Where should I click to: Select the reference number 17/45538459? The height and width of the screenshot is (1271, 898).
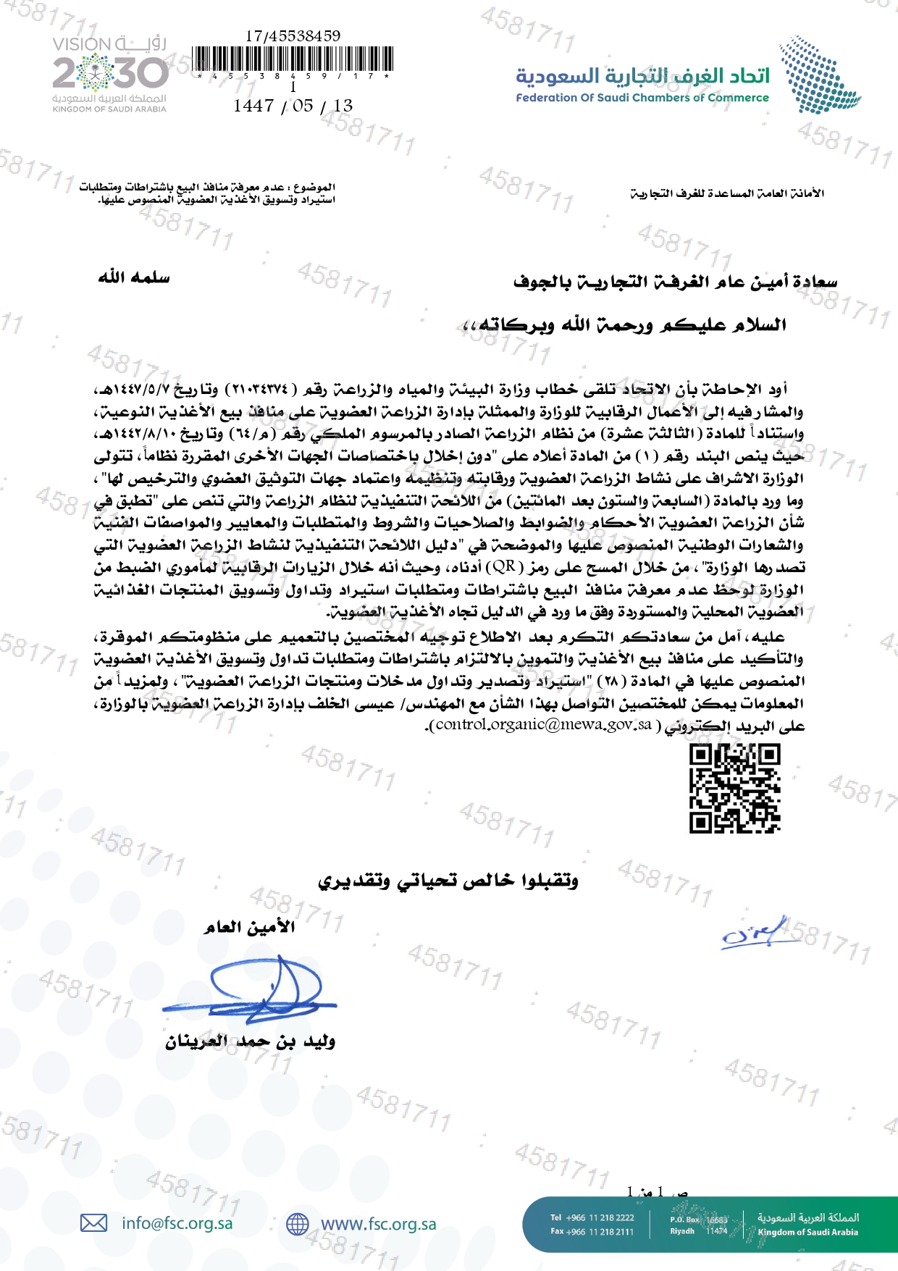pos(293,35)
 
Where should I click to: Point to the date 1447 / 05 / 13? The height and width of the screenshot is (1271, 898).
pos(293,106)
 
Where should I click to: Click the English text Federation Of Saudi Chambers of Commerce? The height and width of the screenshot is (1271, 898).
pos(642,98)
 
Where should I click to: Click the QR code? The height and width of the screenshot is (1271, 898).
pos(734,789)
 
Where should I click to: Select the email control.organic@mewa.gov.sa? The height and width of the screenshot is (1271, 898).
pos(544,724)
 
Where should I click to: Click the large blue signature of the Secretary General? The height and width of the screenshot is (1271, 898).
pos(253,989)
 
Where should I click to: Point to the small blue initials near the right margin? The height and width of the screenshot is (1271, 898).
pos(753,934)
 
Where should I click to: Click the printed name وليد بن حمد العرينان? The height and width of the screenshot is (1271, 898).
pos(250,1041)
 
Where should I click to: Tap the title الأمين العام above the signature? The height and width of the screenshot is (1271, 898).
pos(249,927)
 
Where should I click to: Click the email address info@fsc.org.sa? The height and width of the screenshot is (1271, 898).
pos(177,1223)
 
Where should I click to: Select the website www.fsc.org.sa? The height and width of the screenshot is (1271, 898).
pos(378,1224)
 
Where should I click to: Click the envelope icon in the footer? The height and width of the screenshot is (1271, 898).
pos(93,1223)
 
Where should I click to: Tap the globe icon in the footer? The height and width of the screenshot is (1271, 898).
pos(297,1224)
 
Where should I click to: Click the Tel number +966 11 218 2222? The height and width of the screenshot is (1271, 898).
pos(592,1217)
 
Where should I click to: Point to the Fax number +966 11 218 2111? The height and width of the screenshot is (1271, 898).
pos(592,1231)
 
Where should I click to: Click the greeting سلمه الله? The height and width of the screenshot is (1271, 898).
pos(134,277)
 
